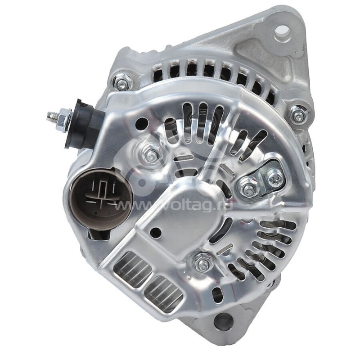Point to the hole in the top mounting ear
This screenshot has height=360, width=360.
coord(282,31)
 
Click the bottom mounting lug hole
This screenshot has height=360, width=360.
coord(223,322)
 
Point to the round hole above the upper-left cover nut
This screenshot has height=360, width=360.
coord(142,122)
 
